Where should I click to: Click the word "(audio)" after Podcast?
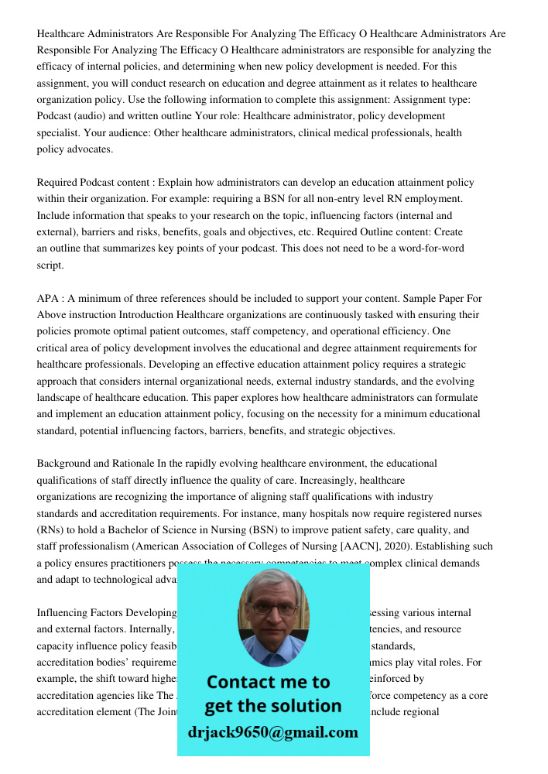coord(94,117)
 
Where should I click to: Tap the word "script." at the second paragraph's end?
coord(50,264)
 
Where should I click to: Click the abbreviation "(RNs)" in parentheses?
coord(52,529)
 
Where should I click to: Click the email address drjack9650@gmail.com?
coord(273,732)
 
